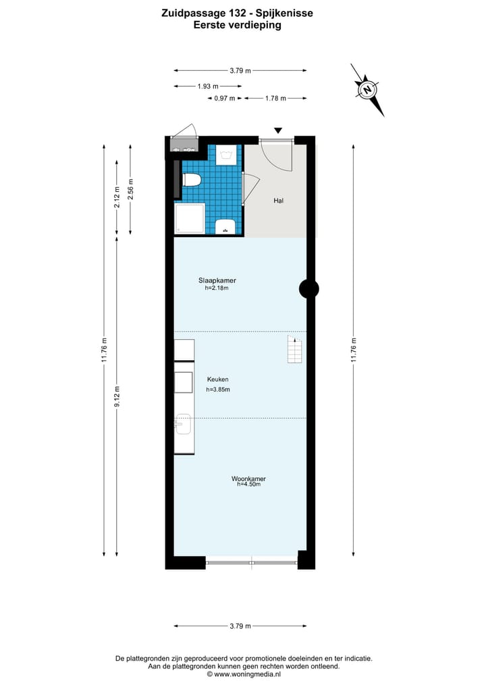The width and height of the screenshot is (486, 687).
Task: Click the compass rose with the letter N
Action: click(367, 89)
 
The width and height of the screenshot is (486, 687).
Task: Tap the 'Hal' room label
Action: click(278, 201)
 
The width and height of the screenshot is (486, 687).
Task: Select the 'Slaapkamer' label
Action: click(217, 280)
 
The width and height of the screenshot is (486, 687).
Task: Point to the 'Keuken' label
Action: click(217, 380)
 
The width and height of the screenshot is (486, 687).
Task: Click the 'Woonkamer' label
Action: click(248, 479)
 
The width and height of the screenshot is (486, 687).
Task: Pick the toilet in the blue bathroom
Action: click(192, 180)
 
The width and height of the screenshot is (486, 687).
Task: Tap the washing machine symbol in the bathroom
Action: click(225, 155)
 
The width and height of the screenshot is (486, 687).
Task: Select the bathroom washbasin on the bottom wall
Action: click(225, 227)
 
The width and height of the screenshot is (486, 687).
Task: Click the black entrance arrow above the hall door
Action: click(278, 130)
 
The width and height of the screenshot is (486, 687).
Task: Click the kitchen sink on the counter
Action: click(183, 426)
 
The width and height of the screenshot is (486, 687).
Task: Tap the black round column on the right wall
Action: click(308, 289)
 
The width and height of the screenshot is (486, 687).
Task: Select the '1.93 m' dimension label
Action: click(207, 86)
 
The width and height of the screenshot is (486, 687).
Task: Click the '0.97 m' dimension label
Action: click(224, 99)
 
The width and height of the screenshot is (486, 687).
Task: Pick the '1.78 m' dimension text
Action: click(275, 99)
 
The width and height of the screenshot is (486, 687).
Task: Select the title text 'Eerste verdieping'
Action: click(237, 25)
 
